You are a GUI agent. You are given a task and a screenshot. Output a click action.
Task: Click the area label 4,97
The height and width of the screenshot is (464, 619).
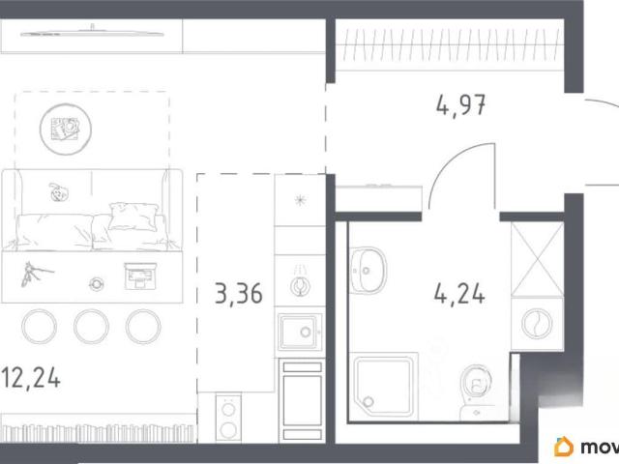[460, 105]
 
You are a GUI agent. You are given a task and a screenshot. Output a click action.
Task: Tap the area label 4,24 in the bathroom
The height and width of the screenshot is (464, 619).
[459, 294]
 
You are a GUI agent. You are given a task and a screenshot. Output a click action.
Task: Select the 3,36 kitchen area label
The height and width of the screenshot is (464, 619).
[239, 294]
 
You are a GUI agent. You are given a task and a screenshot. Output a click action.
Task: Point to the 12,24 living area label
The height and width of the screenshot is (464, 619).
[30, 378]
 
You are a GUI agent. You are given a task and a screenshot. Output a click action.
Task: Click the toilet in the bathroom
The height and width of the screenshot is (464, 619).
[476, 391]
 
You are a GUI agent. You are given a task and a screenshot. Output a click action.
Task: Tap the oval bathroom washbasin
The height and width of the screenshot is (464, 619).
[368, 271]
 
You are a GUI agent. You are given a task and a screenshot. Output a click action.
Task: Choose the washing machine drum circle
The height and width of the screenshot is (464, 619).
[537, 324]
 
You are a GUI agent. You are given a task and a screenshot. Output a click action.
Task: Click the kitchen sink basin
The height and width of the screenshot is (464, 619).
[300, 333]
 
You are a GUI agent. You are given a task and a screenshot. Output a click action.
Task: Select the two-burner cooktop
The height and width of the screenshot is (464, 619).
[228, 418]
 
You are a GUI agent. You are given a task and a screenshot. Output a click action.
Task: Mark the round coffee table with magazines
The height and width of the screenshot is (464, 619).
[66, 129]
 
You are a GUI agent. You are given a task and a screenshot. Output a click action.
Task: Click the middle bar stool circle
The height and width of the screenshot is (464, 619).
[91, 327]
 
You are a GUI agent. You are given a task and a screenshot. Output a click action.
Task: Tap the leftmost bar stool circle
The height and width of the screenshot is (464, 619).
[39, 327]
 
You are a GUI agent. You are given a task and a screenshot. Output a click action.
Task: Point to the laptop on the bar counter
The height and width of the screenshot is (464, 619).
[140, 275]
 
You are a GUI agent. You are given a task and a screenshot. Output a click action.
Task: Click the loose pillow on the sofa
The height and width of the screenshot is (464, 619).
[133, 217]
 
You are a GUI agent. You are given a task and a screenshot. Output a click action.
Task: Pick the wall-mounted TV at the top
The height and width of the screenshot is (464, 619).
[92, 33]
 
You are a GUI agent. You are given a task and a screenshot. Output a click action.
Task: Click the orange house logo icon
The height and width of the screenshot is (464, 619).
[564, 447]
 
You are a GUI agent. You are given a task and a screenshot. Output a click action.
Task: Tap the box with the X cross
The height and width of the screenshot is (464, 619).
[538, 259]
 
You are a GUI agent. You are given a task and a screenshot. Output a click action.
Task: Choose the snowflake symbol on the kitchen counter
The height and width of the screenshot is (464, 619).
[301, 200]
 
